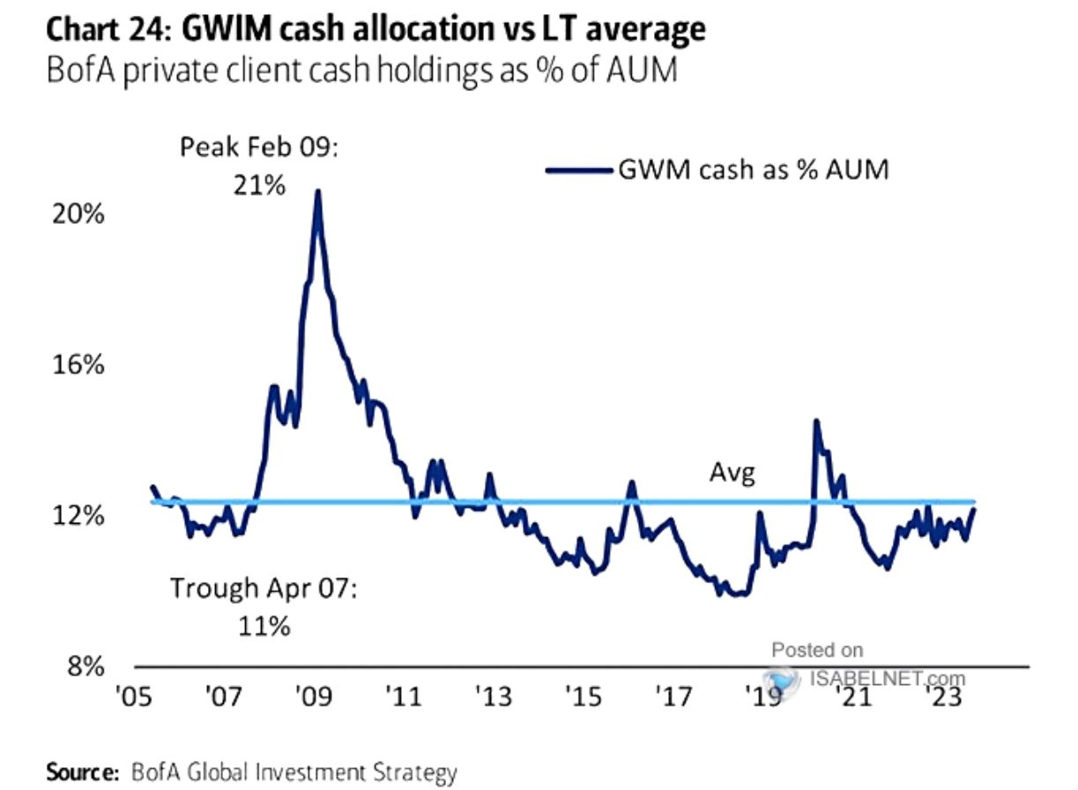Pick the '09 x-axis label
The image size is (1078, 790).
point(313,697)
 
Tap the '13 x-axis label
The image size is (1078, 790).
point(494,697)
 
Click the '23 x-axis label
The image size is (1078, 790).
point(947,697)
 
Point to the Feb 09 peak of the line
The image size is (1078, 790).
point(317,191)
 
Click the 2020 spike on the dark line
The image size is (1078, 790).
point(815,421)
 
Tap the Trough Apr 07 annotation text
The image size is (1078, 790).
point(262,606)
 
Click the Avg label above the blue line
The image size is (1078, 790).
point(732,474)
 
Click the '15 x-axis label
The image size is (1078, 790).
point(584,697)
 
